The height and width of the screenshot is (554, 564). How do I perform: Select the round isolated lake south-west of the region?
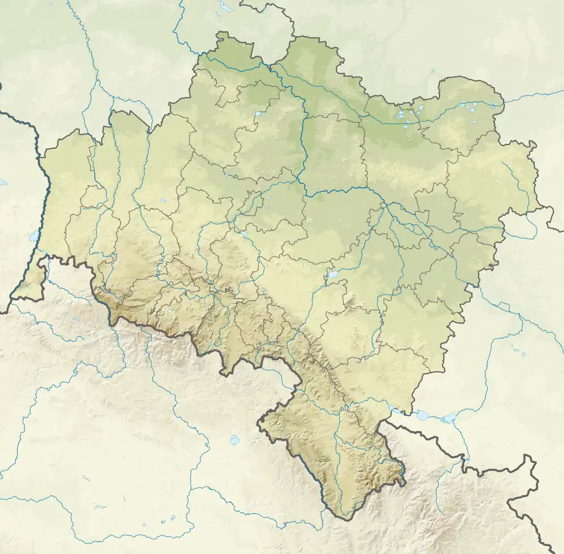click(x=235, y=439)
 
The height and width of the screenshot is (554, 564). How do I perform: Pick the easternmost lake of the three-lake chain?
click(x=450, y=419)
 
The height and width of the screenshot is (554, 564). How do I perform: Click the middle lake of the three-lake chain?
click(x=422, y=416)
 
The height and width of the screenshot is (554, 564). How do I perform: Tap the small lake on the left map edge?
click(x=3, y=183)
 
